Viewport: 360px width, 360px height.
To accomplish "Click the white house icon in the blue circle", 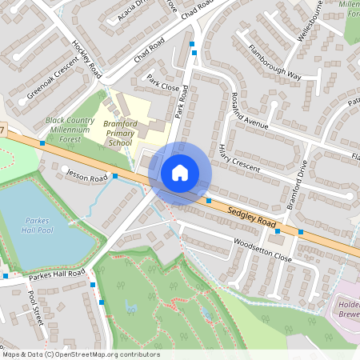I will [x=180, y=172].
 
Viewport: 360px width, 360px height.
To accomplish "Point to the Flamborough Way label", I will [x=274, y=63].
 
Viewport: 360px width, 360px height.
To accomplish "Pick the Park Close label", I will [x=162, y=83].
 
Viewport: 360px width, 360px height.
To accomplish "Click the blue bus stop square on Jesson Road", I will [x=115, y=175].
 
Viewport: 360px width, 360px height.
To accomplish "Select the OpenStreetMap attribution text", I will [x=80, y=354].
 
